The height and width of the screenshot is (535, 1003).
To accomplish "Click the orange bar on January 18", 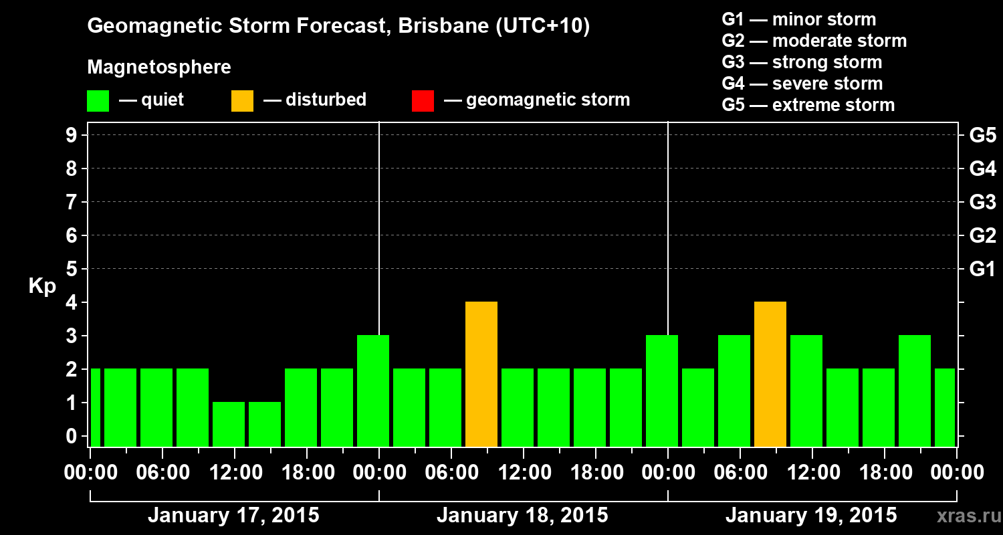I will (481, 374).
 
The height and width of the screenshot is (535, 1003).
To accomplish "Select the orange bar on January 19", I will (770, 374).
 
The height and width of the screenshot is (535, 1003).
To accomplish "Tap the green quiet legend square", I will (98, 100).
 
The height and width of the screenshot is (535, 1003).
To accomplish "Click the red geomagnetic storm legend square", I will (423, 100).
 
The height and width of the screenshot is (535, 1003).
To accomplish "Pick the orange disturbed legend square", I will (242, 100).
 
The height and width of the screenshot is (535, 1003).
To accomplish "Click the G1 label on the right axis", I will (982, 270).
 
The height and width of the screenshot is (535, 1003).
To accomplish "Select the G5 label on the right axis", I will (982, 136).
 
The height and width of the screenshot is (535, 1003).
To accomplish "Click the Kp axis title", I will (42, 286).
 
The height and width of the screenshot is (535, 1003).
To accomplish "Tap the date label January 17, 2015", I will (233, 516).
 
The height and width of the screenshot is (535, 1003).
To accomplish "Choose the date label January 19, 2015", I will (811, 516).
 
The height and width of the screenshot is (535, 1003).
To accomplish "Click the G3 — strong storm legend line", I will (802, 62).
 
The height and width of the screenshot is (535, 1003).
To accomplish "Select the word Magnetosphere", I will (159, 68).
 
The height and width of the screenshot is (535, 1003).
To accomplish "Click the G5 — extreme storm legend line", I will (808, 105).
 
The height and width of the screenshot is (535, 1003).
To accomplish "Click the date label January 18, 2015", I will (522, 516).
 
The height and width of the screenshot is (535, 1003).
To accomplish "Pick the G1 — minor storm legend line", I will (798, 19).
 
